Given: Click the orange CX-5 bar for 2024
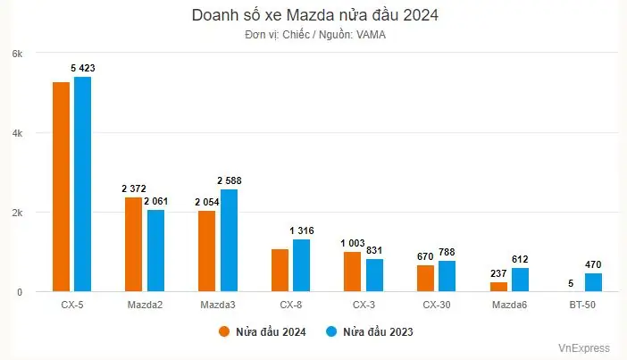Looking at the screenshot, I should point(61,187).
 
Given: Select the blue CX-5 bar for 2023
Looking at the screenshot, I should point(82,184).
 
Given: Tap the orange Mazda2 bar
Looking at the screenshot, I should point(133,244).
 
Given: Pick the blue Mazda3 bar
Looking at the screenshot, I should point(230,240).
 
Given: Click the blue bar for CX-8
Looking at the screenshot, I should point(302,265).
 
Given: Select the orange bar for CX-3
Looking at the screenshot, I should point(352,272).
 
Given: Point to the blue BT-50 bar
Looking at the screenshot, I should point(594,282).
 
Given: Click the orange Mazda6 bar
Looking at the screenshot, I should point(497,287).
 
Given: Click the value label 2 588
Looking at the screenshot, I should point(229,180).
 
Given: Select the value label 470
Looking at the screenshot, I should point(595,264).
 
